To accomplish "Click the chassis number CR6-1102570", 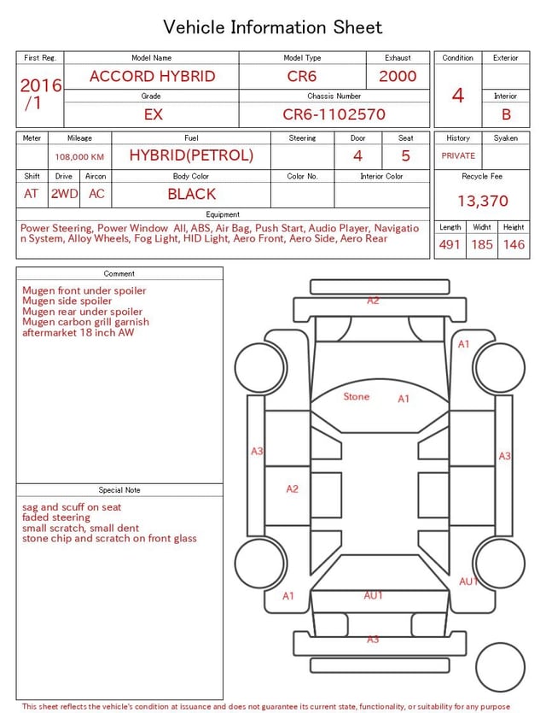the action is point(334,114).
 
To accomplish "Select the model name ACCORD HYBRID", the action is point(152,76).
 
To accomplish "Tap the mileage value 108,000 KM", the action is point(79,157).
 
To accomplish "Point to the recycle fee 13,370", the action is point(482,201).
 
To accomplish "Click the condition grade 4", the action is point(458,96).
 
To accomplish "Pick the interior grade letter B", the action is point(506,114).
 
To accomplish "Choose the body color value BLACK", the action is point(192,194).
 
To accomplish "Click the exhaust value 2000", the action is point(398,76).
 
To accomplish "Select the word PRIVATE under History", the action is point(458,155).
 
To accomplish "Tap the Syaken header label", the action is point(506,137).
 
